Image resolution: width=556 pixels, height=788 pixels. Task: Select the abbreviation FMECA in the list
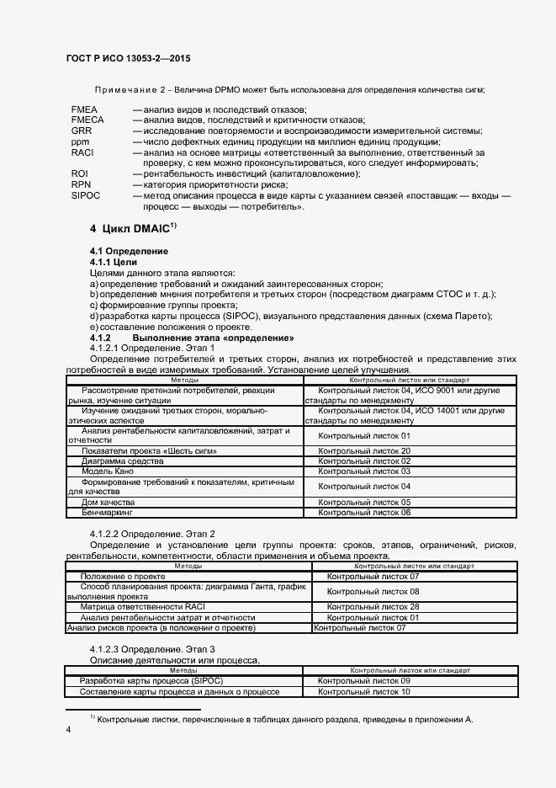tap(88, 120)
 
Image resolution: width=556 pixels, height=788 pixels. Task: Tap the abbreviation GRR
tap(82, 131)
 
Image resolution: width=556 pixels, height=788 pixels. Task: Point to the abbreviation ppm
tap(80, 141)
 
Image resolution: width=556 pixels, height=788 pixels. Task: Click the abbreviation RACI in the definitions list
tap(83, 152)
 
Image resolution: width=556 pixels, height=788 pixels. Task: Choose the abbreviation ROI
tap(80, 173)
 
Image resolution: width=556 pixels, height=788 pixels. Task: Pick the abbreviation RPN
tap(82, 184)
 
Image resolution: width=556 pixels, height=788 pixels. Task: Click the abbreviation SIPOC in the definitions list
tap(86, 195)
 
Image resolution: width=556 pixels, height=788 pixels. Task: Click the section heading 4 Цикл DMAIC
tap(134, 228)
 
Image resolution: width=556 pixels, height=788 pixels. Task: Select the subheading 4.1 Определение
tap(130, 251)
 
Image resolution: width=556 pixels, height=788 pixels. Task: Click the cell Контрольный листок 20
tap(363, 451)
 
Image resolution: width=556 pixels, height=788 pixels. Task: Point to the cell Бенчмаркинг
tap(107, 512)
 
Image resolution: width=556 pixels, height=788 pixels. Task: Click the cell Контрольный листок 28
tap(373, 606)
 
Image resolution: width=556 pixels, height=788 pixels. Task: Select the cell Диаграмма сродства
tap(116, 461)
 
